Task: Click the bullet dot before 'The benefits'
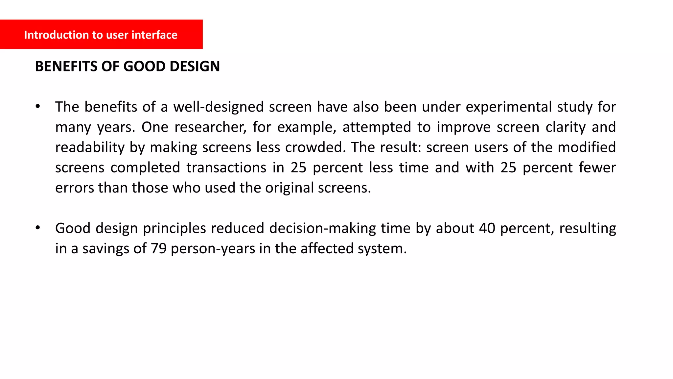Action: pos(38,106)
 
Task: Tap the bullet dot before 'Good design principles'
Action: pos(38,228)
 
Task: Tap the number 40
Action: pos(487,228)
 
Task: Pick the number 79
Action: pos(159,249)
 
